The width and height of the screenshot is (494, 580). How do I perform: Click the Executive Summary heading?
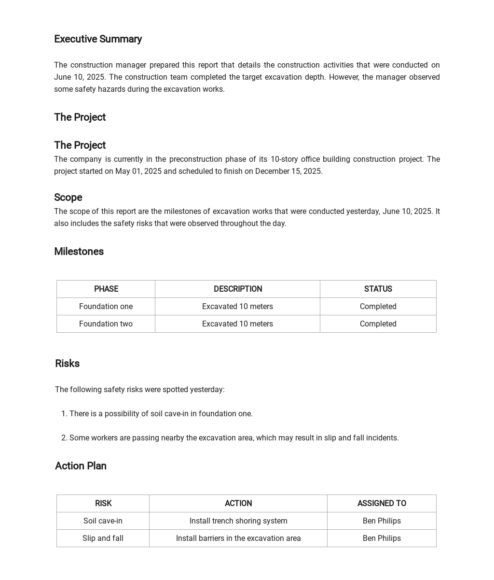coord(98,39)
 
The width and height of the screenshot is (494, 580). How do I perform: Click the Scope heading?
coord(68,198)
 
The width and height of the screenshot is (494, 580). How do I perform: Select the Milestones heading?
coord(79,252)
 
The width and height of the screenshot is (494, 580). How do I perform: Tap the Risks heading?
coord(67,364)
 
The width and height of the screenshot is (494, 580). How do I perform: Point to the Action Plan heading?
coord(81,466)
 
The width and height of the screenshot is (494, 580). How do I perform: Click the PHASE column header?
coord(106,289)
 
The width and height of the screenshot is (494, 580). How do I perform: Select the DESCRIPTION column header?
coord(237,289)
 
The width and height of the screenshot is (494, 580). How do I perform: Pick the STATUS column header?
coord(378,289)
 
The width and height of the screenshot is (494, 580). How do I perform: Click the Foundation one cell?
coord(106,306)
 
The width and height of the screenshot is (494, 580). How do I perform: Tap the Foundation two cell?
coord(106,324)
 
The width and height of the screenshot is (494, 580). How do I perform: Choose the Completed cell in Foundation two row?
coord(378,324)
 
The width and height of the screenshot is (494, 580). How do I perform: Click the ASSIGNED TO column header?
coord(382,503)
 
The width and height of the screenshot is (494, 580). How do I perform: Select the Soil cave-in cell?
coord(103,521)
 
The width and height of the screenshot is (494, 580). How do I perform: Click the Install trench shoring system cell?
coord(238,521)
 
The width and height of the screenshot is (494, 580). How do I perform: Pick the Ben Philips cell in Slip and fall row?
coord(382,538)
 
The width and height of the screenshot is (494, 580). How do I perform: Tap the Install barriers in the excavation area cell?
coord(238,538)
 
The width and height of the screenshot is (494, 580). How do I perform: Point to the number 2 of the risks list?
coord(64,438)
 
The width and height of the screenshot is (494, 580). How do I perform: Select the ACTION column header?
coord(238,503)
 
